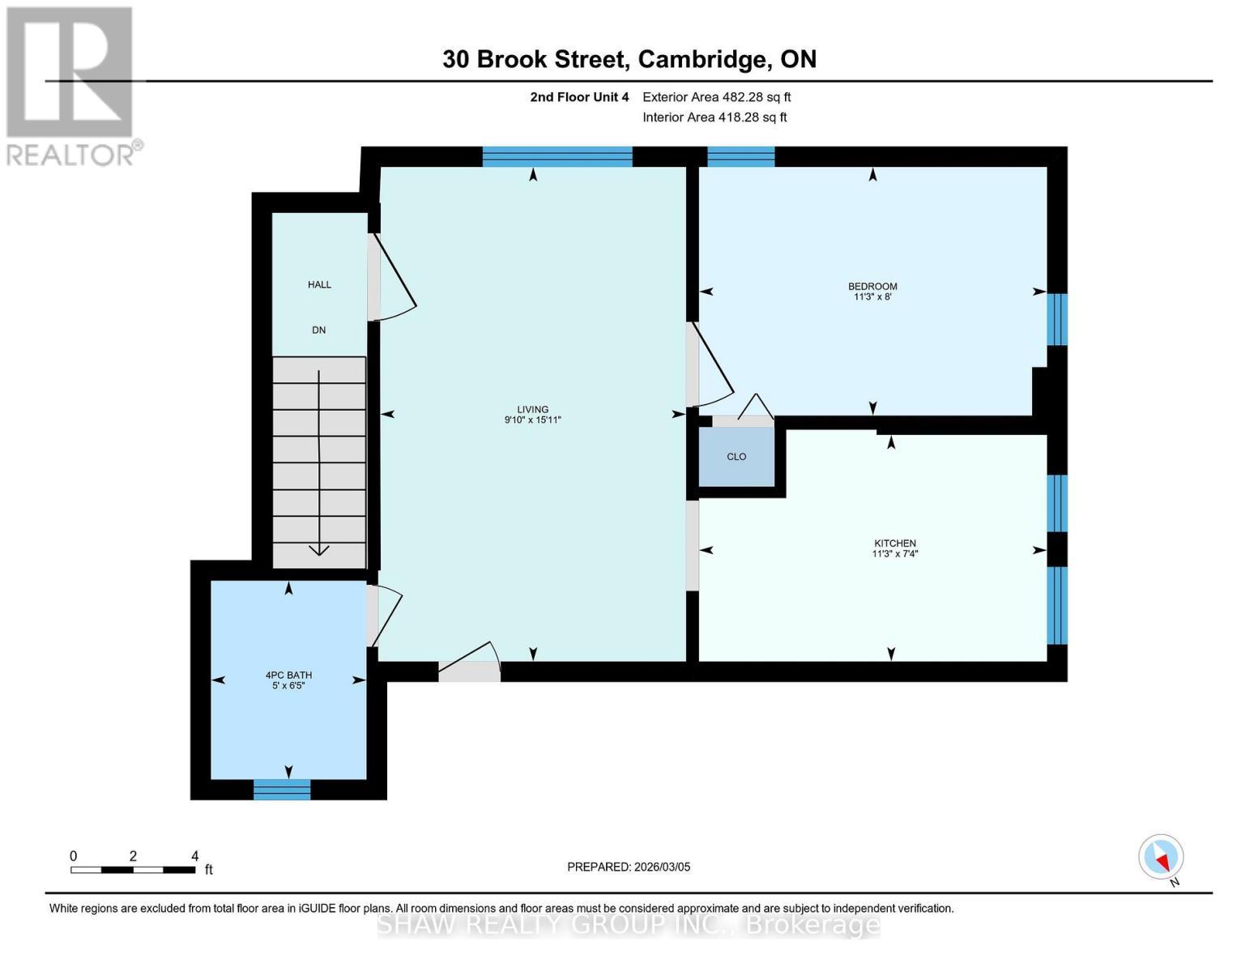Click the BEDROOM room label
[x=872, y=286]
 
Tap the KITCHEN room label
[x=894, y=544]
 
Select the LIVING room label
[x=533, y=410]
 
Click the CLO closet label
[x=736, y=457]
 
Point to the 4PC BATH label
[x=288, y=676]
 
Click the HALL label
[x=319, y=284]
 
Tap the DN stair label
[x=319, y=330]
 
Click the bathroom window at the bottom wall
[x=282, y=789]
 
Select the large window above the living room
[x=557, y=156]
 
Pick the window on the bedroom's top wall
[x=741, y=156]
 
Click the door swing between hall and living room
[x=393, y=279]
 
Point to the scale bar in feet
[x=133, y=870]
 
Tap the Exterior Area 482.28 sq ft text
[x=716, y=97]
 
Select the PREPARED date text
[x=629, y=867]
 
